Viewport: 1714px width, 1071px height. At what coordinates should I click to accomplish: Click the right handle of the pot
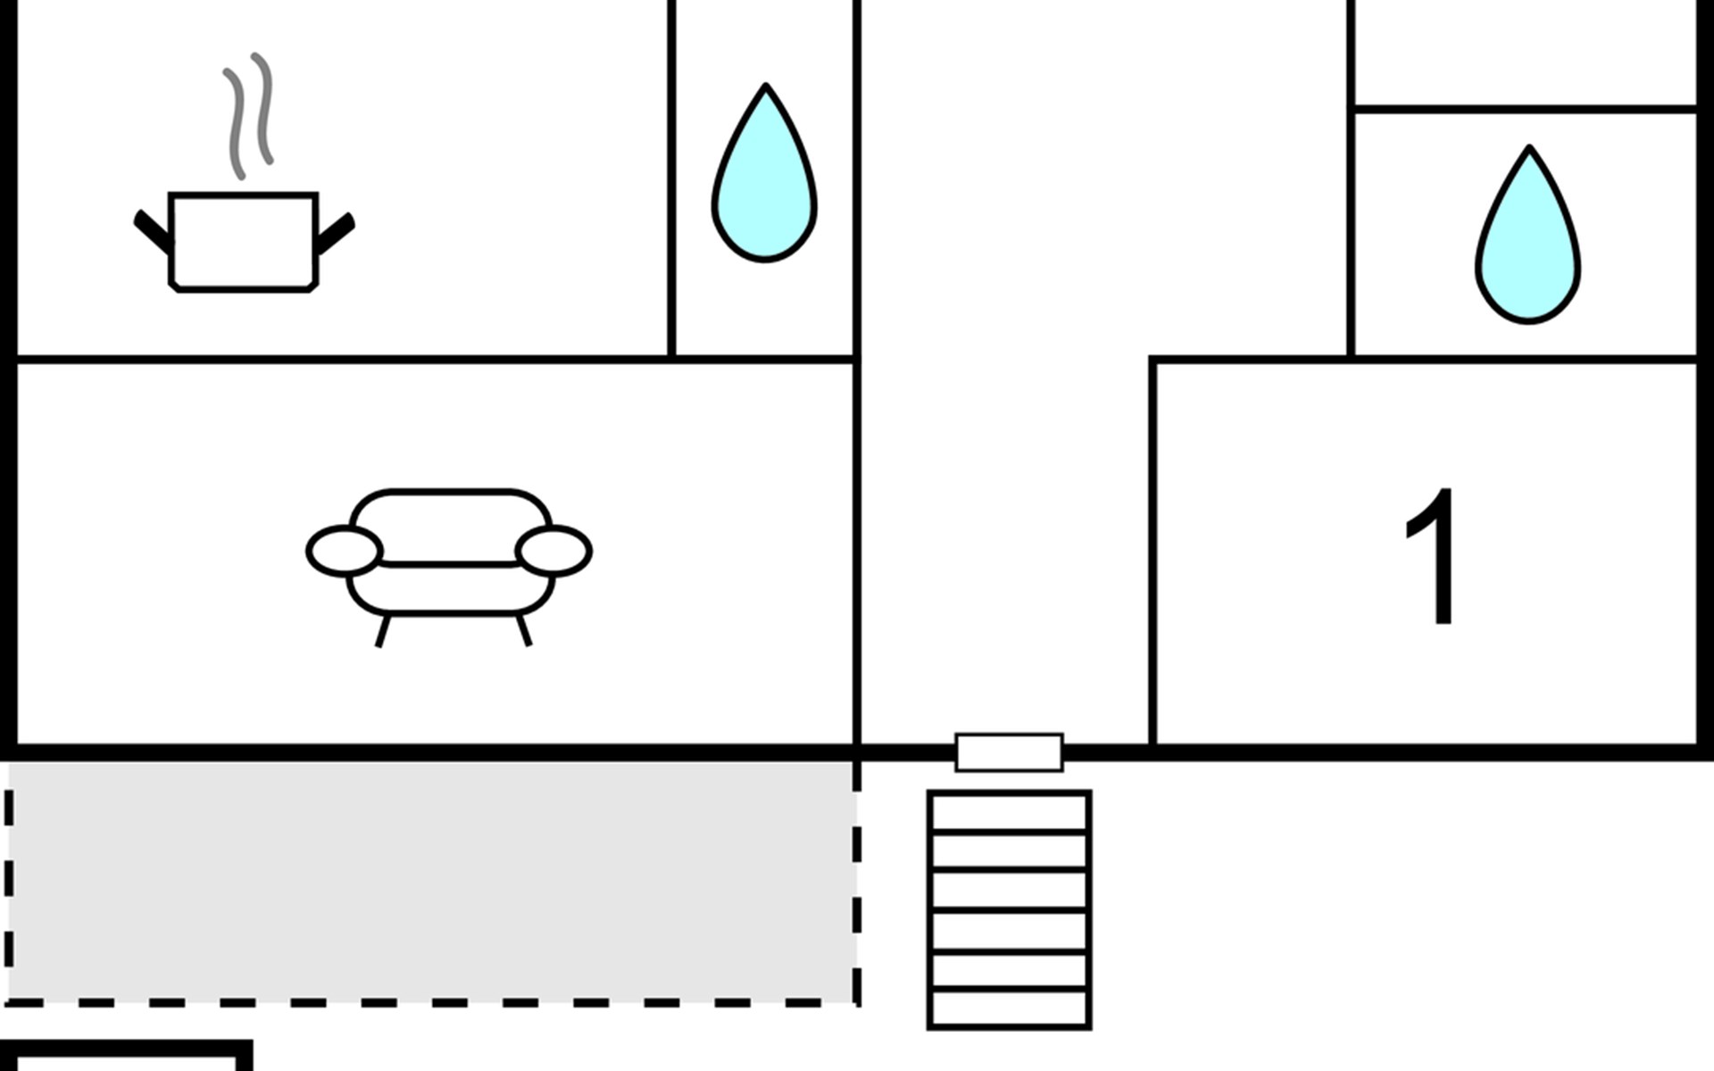click(336, 233)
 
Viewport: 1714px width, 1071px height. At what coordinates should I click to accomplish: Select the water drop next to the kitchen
click(764, 183)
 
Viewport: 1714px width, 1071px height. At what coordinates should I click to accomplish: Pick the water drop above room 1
click(1527, 243)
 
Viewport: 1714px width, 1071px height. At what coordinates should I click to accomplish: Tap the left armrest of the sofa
click(345, 551)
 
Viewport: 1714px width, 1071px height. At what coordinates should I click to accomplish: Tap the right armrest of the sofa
click(553, 551)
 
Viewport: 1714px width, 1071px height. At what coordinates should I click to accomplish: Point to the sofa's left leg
click(382, 631)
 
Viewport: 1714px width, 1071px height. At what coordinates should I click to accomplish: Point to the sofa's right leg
click(524, 630)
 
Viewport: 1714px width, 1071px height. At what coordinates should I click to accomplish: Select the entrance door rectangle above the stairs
click(1009, 752)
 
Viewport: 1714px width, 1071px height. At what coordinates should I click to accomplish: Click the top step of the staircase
click(1009, 812)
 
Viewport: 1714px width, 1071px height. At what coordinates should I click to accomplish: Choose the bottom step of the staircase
click(1009, 1009)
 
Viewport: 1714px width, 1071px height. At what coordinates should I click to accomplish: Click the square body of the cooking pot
click(244, 241)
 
